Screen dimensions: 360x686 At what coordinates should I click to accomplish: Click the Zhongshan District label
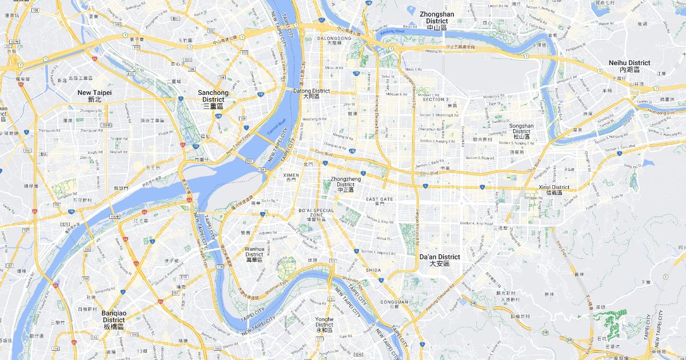[x=437, y=21]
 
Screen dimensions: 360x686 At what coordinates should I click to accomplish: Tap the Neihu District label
[x=629, y=66]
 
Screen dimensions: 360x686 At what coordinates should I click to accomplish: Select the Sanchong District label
[x=213, y=99]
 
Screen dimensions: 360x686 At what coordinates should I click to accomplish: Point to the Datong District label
[x=312, y=94]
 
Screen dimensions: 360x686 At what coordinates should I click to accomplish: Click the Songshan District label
[x=521, y=131]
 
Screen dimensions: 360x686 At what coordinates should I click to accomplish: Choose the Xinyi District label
[x=553, y=190]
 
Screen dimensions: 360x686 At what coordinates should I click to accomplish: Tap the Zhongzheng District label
[x=345, y=184]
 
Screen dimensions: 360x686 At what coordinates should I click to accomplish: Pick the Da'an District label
[x=439, y=260]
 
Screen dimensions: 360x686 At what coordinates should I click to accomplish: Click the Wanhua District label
[x=254, y=254]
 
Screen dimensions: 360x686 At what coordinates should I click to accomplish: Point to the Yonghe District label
[x=324, y=325]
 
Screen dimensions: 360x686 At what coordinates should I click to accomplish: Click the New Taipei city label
[x=95, y=95]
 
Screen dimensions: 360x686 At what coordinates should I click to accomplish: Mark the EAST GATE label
[x=380, y=199]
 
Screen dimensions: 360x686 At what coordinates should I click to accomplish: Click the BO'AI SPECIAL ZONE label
[x=316, y=214]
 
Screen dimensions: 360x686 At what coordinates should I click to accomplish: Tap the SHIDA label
[x=373, y=270]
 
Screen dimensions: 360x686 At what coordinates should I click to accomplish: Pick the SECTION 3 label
[x=436, y=99]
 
